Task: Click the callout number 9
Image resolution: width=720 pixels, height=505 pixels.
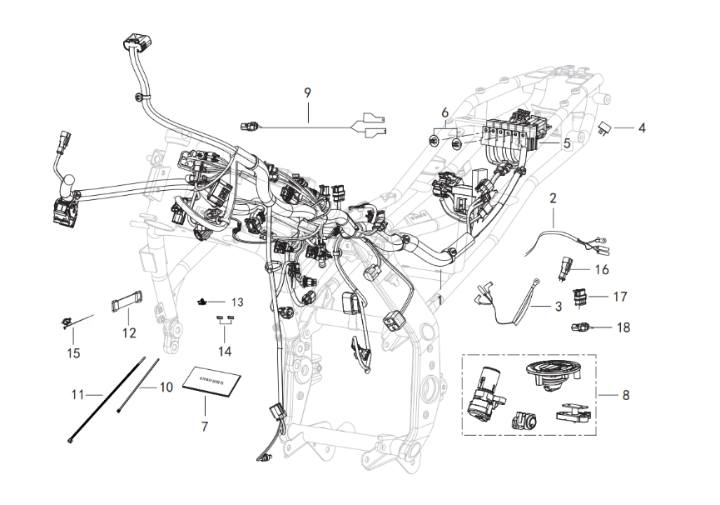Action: [307, 92]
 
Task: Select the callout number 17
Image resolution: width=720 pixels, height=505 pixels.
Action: [619, 296]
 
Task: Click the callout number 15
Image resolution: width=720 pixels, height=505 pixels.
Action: [73, 353]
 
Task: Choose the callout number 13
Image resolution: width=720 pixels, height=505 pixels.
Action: [237, 301]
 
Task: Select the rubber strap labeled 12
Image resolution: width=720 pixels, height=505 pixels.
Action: [125, 298]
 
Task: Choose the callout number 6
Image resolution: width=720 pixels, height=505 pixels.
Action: [444, 112]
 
